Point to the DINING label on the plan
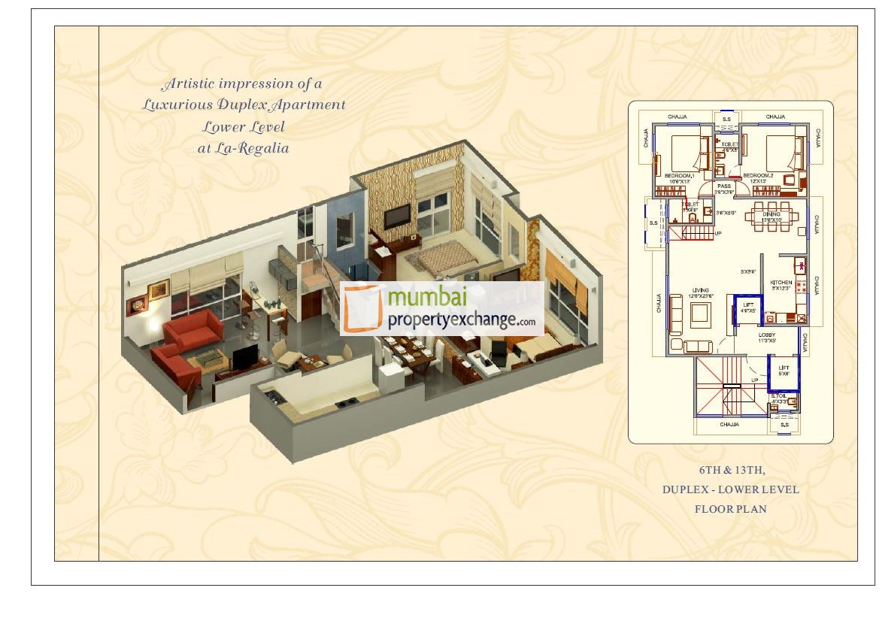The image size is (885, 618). [771, 214]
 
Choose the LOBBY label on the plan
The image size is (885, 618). [767, 335]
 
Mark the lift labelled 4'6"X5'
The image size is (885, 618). [748, 307]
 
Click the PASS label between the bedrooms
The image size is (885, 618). [724, 186]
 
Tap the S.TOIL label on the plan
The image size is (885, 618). [779, 395]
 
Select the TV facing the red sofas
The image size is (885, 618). [244, 359]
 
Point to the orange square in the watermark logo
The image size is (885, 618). [363, 308]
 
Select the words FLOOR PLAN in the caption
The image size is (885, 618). [730, 509]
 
